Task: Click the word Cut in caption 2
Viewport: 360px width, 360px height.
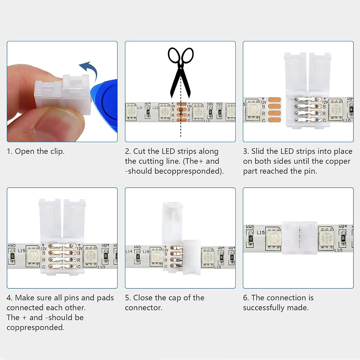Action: (139, 151)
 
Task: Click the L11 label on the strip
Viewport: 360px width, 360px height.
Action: (140, 108)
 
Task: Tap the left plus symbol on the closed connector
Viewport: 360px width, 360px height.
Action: (287, 227)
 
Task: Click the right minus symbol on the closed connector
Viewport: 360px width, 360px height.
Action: (312, 243)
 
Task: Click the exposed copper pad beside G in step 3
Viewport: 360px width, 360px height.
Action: (276, 121)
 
